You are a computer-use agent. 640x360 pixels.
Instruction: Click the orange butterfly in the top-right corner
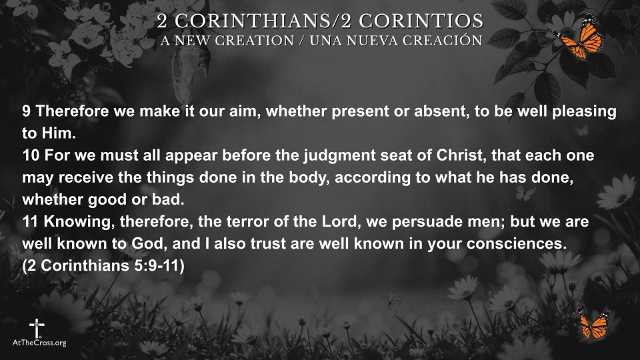point(579,37)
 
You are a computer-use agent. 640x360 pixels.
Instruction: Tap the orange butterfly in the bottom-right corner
point(594,324)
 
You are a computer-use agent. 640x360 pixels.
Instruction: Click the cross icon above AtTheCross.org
point(37,328)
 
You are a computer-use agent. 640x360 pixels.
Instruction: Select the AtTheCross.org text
point(39,343)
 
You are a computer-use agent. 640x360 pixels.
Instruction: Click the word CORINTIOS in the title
point(421,21)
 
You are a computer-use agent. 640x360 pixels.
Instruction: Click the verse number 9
point(26,111)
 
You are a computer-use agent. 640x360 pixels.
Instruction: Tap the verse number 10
point(31,155)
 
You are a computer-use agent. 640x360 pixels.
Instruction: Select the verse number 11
point(30,221)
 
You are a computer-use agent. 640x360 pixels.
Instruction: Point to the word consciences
point(517,244)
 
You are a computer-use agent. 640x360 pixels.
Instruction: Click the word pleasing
point(585,112)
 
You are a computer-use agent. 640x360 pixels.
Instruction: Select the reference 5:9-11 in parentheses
point(157,266)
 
